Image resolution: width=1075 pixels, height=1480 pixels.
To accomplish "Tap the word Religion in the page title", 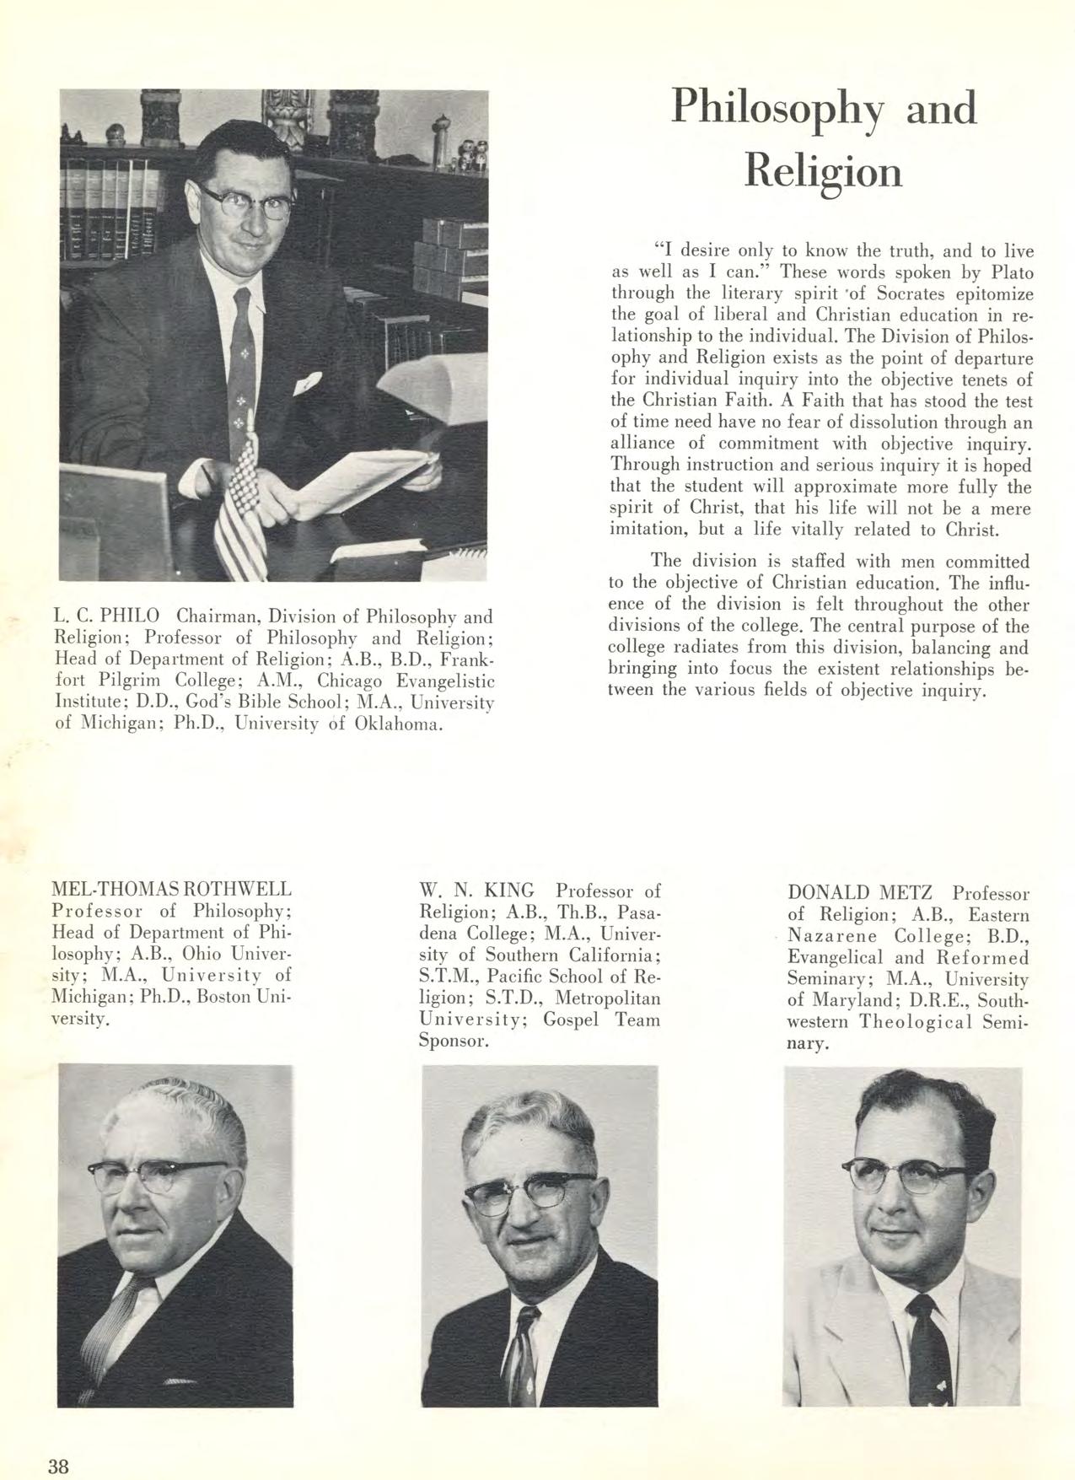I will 824,171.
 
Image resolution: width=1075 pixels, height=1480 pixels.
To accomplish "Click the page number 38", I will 57,1466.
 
